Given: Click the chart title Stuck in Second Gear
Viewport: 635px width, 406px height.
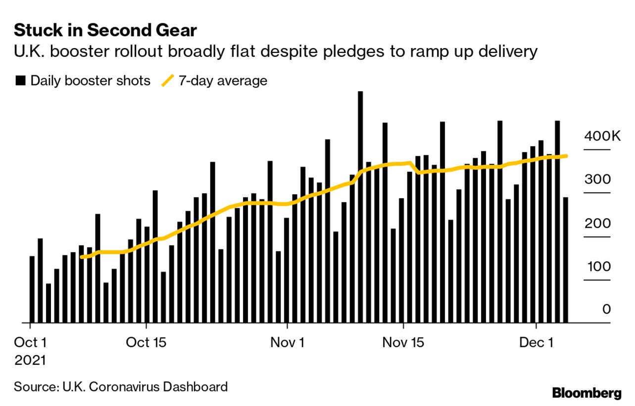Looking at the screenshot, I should click(105, 31).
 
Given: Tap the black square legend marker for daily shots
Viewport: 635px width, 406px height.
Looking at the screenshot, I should click(20, 81).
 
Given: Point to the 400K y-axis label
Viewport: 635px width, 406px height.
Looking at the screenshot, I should click(602, 136).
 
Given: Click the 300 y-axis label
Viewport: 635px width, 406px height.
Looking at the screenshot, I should click(597, 180).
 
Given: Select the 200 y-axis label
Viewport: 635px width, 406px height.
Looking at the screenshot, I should click(597, 223).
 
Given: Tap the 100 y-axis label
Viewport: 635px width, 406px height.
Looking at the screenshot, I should click(598, 267).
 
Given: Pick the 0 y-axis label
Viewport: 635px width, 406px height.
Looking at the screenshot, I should click(606, 309).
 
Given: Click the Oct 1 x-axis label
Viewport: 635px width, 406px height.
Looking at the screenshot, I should click(31, 343).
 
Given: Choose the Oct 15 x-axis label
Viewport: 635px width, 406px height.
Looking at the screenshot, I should click(146, 343).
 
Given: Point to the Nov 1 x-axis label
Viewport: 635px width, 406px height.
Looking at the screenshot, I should click(287, 343).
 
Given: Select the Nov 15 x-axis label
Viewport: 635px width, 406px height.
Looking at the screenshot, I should click(403, 343).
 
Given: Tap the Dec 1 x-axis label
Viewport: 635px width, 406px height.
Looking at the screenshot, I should click(537, 343).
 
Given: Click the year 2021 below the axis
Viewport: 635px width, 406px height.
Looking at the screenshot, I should click(30, 360).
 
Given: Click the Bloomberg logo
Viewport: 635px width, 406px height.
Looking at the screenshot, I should click(586, 394).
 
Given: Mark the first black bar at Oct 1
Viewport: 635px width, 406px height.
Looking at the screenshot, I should click(32, 290).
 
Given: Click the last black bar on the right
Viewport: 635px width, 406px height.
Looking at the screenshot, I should click(565, 260).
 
